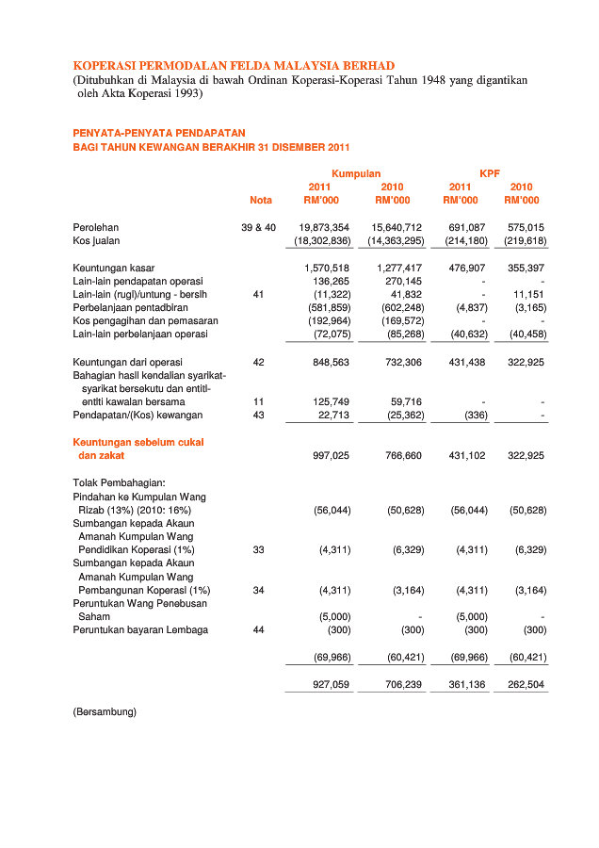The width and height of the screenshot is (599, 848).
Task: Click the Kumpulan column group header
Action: tap(356, 173)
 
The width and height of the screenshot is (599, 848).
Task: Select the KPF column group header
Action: tap(490, 173)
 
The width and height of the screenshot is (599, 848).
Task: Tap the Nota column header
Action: tap(261, 200)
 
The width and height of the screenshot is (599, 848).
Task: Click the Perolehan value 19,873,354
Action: tap(324, 228)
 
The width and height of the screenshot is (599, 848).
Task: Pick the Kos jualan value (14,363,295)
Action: tap(395, 241)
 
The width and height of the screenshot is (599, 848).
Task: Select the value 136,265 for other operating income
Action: tap(331, 281)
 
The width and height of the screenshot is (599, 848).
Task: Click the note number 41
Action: tap(259, 294)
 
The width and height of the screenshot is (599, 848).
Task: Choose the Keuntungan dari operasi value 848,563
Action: tap(331, 362)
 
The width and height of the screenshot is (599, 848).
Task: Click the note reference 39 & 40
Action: tap(259, 228)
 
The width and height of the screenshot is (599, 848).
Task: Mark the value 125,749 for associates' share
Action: tap(331, 401)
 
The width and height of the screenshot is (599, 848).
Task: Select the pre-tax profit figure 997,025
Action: tap(331, 456)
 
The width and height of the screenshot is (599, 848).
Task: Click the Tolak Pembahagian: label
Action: tap(119, 482)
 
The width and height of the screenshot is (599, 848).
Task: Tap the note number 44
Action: tap(259, 629)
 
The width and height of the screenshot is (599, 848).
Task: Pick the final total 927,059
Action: tap(331, 684)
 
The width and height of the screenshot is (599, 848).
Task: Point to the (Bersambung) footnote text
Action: tap(105, 711)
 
